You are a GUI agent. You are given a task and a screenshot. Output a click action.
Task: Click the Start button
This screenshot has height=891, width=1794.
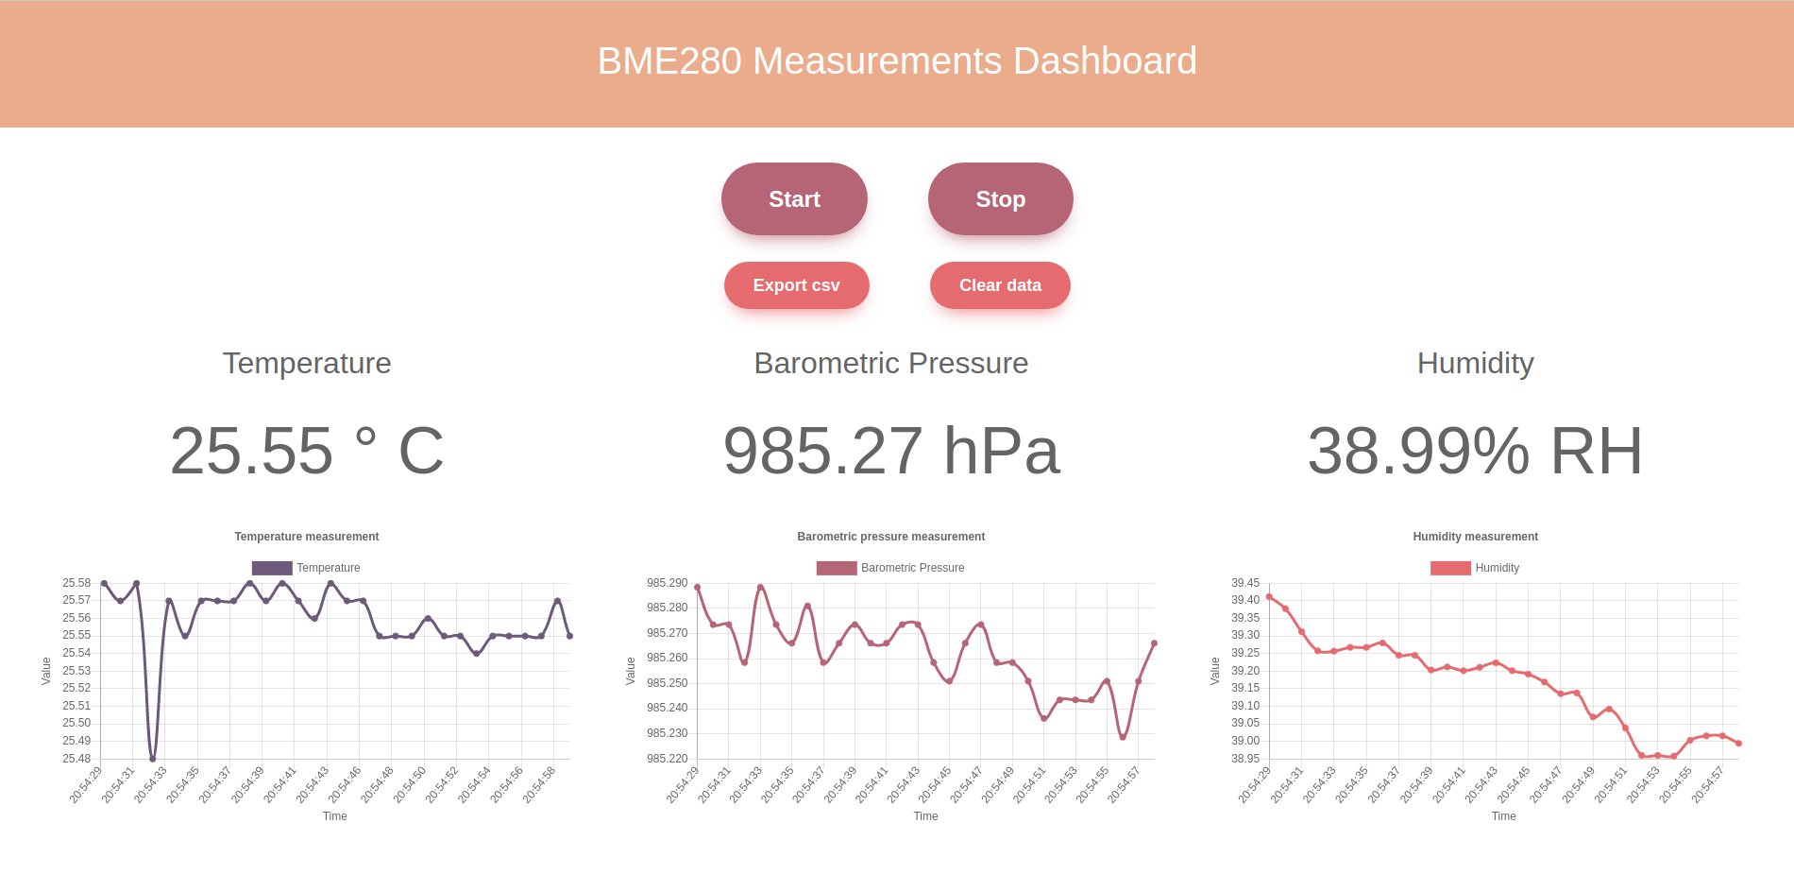tap(794, 199)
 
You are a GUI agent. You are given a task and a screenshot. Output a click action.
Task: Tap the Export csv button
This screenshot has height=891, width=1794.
tap(796, 285)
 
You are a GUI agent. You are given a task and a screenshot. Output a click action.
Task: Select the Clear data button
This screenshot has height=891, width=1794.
tap(1000, 285)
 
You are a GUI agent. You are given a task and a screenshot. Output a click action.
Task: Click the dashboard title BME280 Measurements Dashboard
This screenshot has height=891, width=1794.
tap(897, 61)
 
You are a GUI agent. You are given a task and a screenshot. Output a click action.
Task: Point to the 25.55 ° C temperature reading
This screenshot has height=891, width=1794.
tap(307, 451)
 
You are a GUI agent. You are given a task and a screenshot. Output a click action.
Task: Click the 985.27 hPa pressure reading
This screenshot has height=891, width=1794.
tap(891, 451)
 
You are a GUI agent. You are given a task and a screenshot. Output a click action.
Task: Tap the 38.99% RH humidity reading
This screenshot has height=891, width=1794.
tap(1475, 451)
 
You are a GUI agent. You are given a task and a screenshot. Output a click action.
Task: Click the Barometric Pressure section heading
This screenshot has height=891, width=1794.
tap(890, 364)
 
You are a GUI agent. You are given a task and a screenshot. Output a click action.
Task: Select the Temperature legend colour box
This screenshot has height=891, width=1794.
tap(272, 568)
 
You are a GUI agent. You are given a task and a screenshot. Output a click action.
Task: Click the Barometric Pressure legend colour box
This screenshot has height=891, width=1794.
tap(837, 568)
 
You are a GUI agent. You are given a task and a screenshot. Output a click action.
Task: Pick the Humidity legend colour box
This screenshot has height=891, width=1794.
tap(1450, 568)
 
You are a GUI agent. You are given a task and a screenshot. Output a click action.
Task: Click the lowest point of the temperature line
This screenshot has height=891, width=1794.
tap(153, 759)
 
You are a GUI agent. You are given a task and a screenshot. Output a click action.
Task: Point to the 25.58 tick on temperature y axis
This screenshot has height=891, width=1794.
tap(76, 583)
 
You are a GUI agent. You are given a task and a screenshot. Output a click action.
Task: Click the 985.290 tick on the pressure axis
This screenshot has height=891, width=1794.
tap(667, 583)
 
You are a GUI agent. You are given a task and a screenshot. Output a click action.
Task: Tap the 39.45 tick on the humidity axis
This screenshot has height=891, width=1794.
tap(1244, 583)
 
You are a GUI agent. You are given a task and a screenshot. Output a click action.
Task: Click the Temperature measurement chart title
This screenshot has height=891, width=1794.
tap(307, 537)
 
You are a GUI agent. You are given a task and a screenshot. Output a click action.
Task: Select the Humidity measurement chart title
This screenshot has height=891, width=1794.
tap(1475, 537)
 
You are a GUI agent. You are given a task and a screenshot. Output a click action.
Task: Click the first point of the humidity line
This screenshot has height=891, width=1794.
tap(1269, 597)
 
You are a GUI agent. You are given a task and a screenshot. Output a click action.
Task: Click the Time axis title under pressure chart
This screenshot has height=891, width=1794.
tap(925, 816)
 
